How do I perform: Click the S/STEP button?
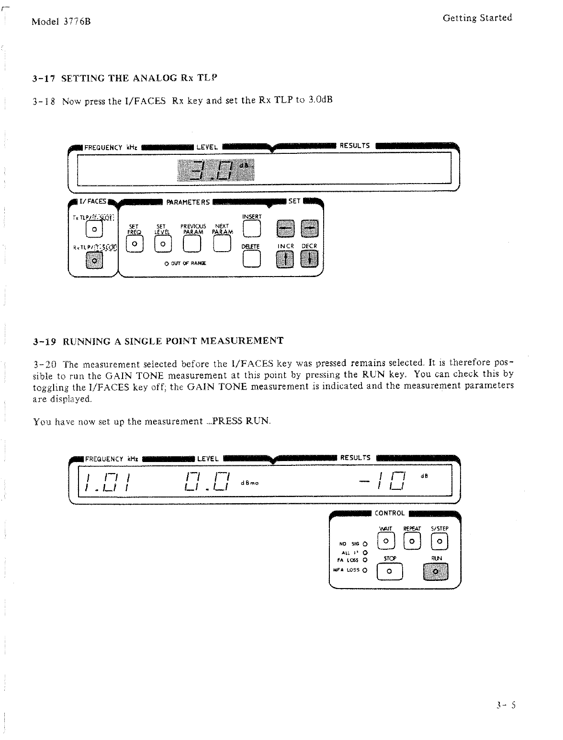(439, 542)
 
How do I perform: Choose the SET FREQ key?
(134, 244)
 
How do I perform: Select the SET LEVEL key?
(163, 244)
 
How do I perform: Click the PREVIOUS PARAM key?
(192, 244)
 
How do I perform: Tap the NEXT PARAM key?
(222, 244)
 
